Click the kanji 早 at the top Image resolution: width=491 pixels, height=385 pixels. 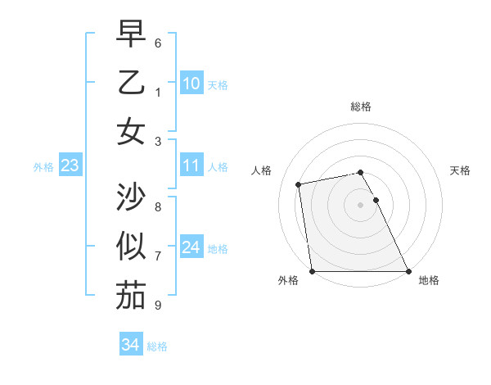tap(131, 34)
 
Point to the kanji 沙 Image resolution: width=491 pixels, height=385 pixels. tap(131, 197)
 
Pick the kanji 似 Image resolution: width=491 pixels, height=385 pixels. tap(131, 247)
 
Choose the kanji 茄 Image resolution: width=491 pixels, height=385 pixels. tap(131, 296)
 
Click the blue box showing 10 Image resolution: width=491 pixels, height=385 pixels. tap(191, 84)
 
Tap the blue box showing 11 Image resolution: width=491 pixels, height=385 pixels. tap(191, 166)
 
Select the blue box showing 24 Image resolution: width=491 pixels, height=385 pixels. tap(191, 248)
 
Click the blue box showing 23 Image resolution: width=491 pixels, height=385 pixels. tap(70, 166)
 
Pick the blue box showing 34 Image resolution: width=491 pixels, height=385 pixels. tap(130, 345)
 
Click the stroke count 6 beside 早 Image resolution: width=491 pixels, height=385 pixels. tap(158, 43)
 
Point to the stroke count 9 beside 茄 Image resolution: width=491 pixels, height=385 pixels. tap(158, 306)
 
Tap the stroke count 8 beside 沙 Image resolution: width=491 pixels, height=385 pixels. tap(158, 206)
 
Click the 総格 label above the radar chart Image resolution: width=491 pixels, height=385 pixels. tap(361, 106)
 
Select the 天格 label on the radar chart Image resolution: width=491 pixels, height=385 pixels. tap(460, 170)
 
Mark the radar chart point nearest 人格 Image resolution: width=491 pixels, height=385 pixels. tap(300, 184)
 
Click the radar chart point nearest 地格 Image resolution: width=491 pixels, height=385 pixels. tap(408, 271)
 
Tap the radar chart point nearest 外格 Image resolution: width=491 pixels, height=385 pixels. tap(313, 271)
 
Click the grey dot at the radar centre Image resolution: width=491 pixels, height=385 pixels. tap(361, 205)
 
